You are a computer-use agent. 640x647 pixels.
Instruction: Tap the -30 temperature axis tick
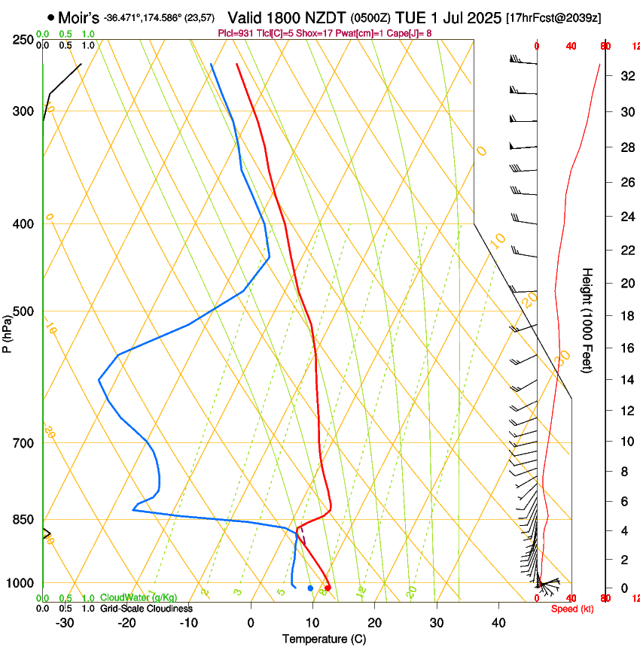(65, 623)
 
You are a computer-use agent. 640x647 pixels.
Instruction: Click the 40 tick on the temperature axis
(498, 623)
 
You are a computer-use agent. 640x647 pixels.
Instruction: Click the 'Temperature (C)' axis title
(324, 639)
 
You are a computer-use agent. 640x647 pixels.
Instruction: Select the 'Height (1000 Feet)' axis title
(588, 320)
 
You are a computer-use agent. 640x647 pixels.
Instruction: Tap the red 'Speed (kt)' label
(572, 609)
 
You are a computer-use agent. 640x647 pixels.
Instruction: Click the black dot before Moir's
(50, 17)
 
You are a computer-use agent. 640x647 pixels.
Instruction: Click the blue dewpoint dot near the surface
(310, 588)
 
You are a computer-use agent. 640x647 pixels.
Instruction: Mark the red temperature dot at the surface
(328, 588)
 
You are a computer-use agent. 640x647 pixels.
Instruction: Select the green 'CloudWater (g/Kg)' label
(139, 597)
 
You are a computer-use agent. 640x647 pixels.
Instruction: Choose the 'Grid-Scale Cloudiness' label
(146, 608)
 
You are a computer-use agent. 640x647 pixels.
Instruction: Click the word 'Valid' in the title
(245, 17)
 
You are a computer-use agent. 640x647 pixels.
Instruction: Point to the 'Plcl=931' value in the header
(236, 33)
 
